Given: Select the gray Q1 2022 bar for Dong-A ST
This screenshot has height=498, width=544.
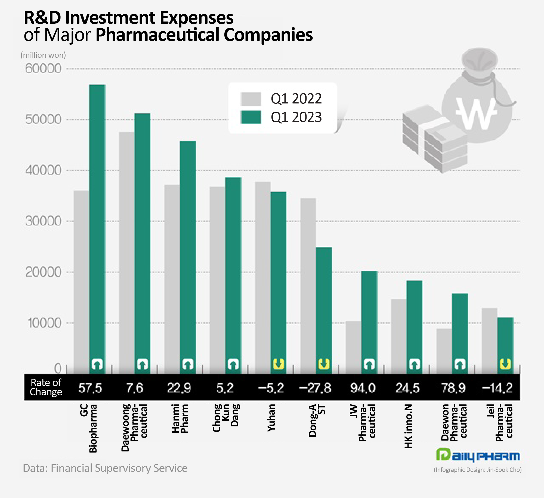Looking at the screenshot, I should tap(308, 283).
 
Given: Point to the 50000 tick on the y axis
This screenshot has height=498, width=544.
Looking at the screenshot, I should tap(43, 120).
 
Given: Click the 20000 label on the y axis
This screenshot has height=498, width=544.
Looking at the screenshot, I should tap(43, 272).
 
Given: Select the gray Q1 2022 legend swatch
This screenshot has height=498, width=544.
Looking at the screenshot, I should tap(251, 99).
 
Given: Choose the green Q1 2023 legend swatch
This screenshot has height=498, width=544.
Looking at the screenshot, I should tap(251, 117).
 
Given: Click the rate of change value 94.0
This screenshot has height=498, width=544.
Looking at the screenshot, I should tap(363, 388).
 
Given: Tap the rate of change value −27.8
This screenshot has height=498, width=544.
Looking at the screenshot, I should tap(315, 388).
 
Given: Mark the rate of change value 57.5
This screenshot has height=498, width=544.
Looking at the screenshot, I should tap(90, 388).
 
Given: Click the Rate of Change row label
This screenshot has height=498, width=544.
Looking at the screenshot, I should tap(46, 387).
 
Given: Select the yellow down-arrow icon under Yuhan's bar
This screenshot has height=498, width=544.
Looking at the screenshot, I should tap(279, 364).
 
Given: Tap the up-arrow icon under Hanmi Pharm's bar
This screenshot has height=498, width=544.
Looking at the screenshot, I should tap(188, 364).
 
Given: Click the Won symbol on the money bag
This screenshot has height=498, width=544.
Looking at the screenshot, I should tap(476, 113).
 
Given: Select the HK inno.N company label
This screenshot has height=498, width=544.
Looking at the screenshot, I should tap(408, 426).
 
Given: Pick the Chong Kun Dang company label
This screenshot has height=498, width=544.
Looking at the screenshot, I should tap(226, 418).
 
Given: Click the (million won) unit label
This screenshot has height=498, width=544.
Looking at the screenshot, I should tap(43, 55).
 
